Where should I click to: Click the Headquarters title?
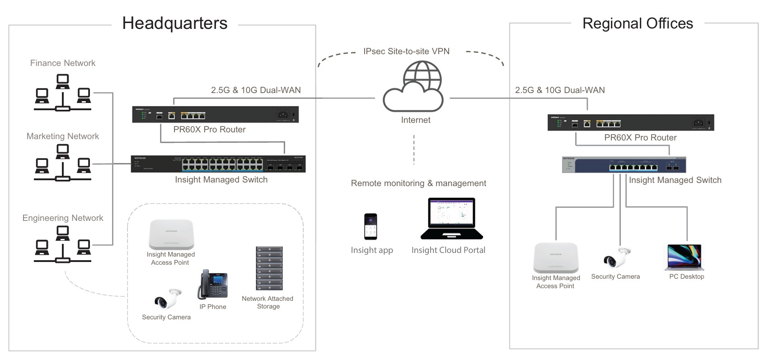174,23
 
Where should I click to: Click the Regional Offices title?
637,23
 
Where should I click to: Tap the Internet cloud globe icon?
413,87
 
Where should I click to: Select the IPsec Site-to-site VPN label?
406,51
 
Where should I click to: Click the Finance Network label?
63,63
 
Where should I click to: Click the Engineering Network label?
63,218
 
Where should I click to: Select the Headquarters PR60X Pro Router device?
215,115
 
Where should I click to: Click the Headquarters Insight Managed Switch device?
218,164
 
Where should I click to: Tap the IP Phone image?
212,285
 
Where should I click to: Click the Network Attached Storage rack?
269,268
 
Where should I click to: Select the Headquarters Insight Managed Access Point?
171,234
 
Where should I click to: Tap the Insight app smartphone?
371,226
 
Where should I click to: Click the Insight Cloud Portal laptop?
451,219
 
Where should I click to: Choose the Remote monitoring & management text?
418,183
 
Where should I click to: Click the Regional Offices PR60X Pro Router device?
631,123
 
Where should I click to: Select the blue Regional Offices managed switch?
624,165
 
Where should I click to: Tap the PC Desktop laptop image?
685,257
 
